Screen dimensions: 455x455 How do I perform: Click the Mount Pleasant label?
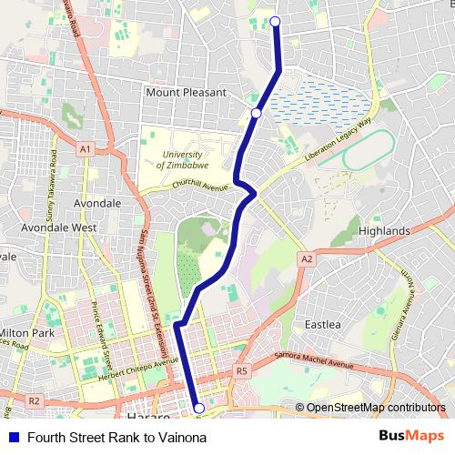click(x=186, y=92)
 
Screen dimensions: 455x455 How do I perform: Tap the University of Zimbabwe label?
click(x=183, y=160)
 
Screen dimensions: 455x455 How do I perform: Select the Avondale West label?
click(x=59, y=227)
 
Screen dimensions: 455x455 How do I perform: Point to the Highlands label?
click(x=384, y=231)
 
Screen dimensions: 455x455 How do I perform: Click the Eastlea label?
click(x=322, y=324)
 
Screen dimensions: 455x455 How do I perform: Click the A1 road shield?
click(x=85, y=148)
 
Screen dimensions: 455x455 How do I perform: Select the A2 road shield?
click(x=307, y=259)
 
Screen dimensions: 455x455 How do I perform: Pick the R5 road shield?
click(x=241, y=371)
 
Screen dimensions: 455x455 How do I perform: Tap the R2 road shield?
click(x=35, y=400)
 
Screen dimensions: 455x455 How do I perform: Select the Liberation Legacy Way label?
click(x=339, y=140)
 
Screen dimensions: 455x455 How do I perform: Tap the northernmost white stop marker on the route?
click(x=275, y=21)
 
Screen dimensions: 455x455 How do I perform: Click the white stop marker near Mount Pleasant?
click(x=257, y=113)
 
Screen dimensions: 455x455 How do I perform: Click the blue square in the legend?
click(x=14, y=435)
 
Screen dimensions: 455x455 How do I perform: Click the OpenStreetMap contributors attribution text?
click(x=375, y=408)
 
